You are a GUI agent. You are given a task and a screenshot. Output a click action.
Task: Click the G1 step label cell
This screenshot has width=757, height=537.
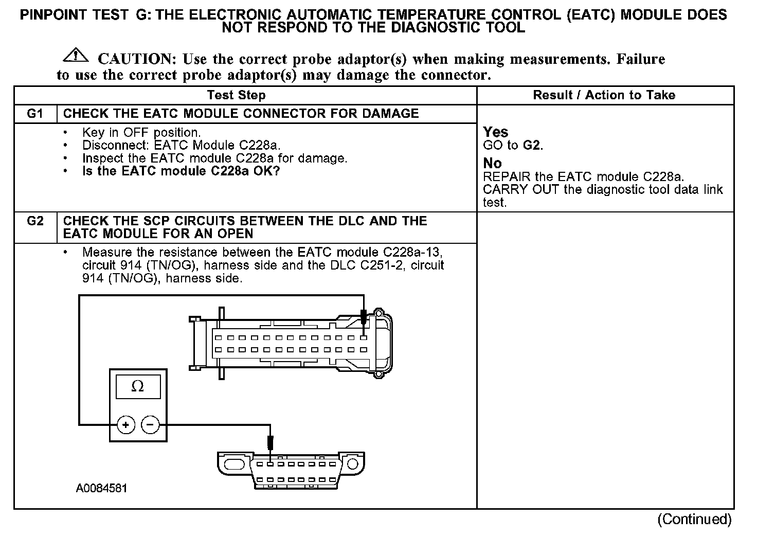tap(35, 114)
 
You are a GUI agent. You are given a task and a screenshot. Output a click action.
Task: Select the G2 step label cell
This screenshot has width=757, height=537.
tap(35, 221)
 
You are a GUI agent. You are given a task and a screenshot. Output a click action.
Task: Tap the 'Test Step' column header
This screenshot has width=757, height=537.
tap(236, 95)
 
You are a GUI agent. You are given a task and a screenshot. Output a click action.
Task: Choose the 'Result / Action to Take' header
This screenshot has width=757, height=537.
tap(604, 95)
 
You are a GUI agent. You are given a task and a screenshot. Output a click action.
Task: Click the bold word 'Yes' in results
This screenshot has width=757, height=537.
tap(496, 132)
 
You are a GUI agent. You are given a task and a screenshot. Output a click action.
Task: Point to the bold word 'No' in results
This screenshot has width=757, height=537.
tap(492, 164)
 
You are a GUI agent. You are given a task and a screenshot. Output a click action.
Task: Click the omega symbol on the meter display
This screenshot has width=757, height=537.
tap(138, 386)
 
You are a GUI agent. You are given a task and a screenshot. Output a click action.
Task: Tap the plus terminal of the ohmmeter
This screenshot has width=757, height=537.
tap(126, 425)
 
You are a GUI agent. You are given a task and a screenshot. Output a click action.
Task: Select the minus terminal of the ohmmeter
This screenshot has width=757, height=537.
tap(150, 425)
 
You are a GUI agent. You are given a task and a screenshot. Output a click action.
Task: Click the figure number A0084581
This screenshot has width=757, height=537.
tap(101, 488)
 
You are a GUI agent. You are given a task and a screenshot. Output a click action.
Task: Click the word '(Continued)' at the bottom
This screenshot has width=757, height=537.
tap(694, 520)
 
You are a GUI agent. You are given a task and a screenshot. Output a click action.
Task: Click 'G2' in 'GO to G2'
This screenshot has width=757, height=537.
tap(532, 145)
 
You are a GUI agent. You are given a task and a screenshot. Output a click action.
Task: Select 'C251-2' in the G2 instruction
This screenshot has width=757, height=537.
tap(381, 265)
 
